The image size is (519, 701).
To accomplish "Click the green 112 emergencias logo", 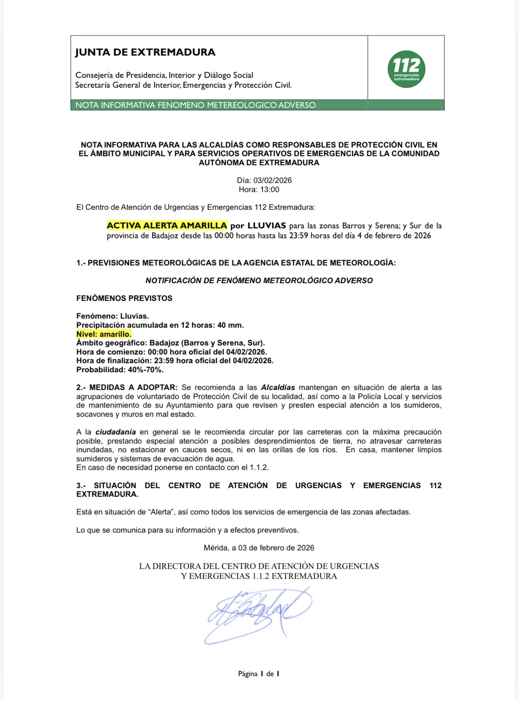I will (406, 69).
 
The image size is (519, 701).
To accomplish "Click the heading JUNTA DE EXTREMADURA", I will (145, 52).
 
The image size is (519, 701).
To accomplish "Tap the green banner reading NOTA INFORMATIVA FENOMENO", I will (195, 105).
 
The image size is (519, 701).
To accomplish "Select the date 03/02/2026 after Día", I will (272, 181).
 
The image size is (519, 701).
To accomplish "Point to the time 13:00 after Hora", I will (269, 190).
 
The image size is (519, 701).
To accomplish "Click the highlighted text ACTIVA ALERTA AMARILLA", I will (167, 226).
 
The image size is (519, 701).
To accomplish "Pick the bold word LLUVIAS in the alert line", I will (267, 226).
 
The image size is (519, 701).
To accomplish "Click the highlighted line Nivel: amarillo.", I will (104, 334).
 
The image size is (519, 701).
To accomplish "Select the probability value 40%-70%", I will (145, 370).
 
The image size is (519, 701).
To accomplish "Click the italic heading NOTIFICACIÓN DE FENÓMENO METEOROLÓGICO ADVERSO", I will (259, 281).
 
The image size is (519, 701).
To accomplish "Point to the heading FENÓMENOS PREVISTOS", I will (124, 298).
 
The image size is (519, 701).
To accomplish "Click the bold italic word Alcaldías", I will (278, 388).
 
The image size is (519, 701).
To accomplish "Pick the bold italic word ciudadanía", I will (115, 432).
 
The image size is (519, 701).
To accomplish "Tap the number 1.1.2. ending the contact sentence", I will (259, 468).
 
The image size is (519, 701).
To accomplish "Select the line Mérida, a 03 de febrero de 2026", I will (259, 548).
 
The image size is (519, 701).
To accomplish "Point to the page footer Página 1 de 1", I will (259, 674).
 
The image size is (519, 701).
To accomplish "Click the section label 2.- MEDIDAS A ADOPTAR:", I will (127, 388).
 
